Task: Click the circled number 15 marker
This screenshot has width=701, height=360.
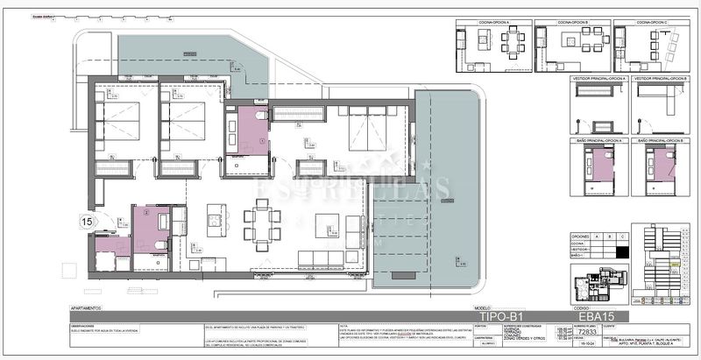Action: coord(87,222)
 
